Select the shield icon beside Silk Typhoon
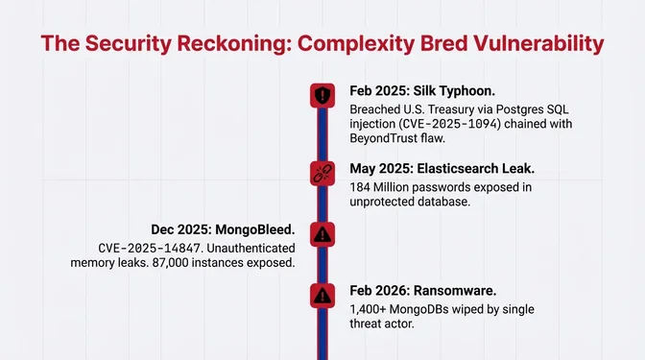(322, 95)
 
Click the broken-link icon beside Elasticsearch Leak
(322, 173)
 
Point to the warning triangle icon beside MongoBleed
(322, 233)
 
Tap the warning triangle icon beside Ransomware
(322, 295)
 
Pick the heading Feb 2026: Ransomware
(427, 291)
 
